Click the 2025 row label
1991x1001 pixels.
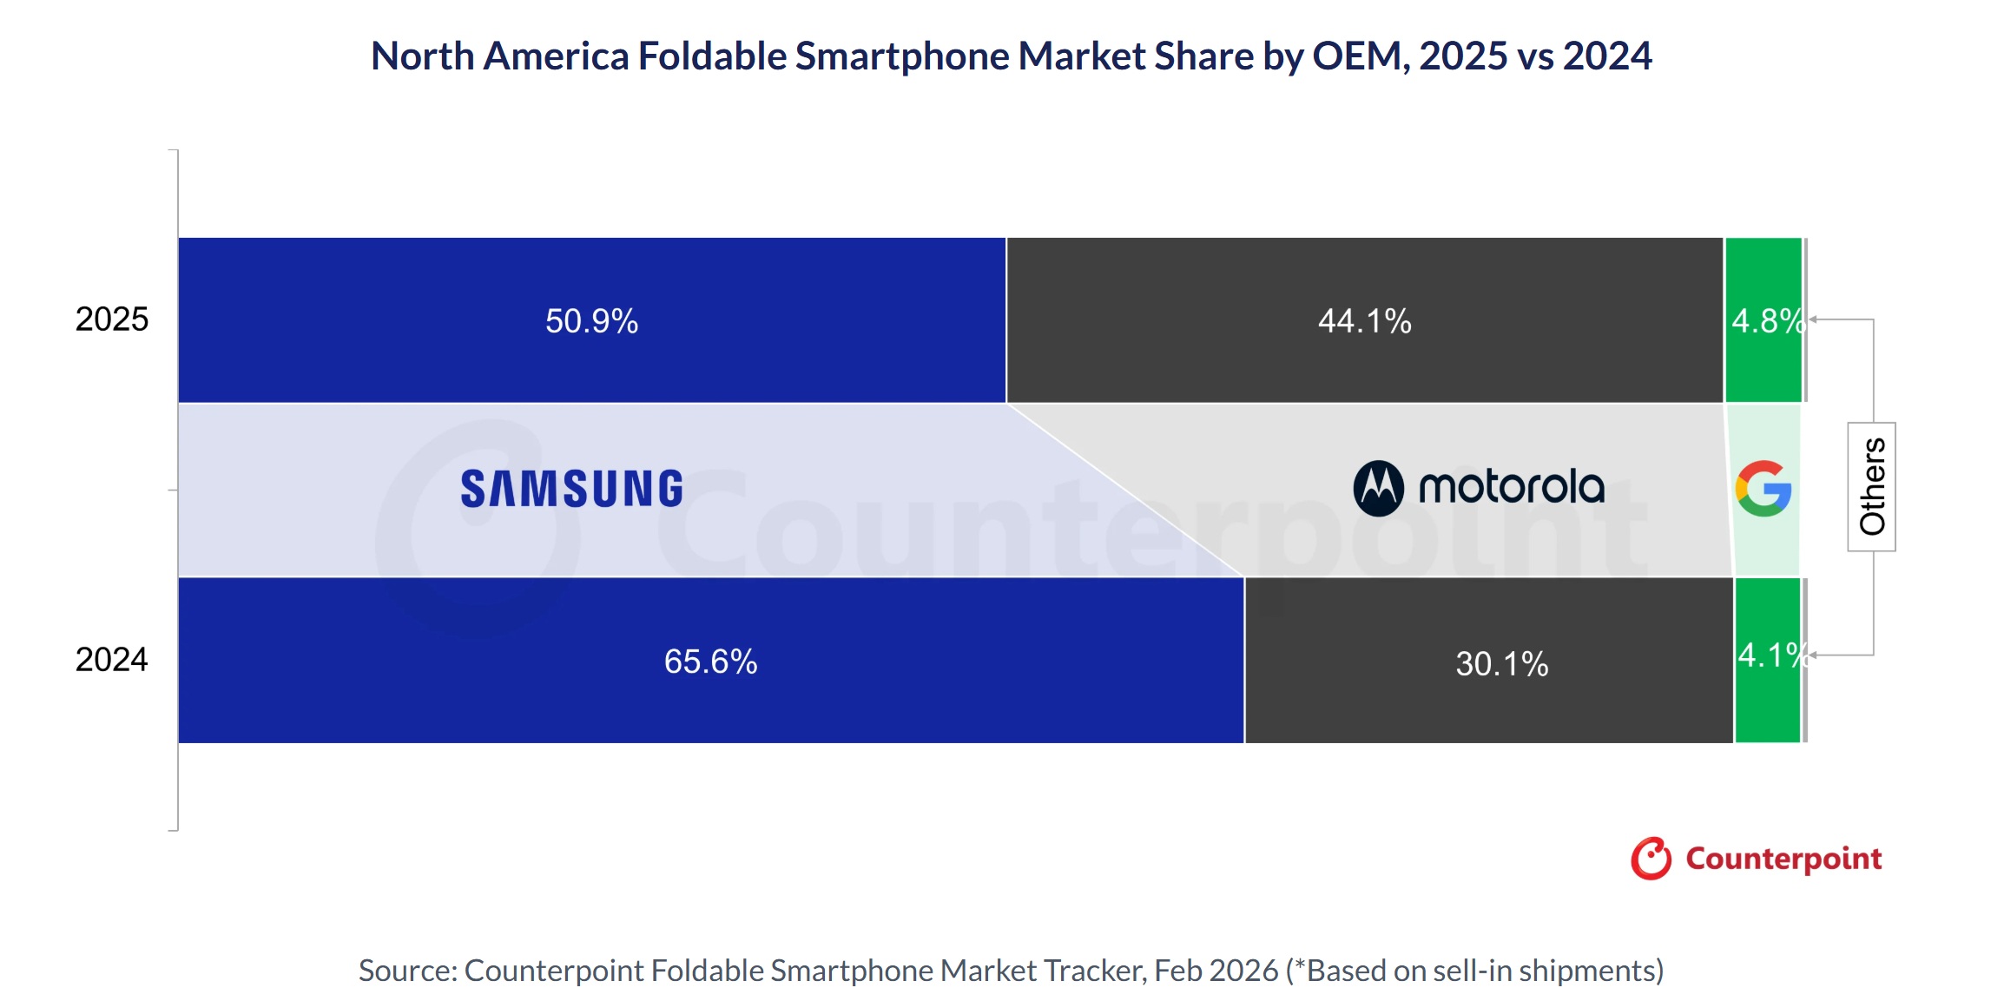(x=112, y=319)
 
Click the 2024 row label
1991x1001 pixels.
(x=112, y=660)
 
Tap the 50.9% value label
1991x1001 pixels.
(x=591, y=321)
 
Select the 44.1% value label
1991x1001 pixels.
(x=1364, y=321)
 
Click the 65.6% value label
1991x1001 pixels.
(x=710, y=662)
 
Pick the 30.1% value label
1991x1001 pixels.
(x=1501, y=664)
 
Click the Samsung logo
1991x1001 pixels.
(x=571, y=489)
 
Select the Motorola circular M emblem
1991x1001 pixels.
(x=1378, y=488)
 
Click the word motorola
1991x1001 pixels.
(x=1511, y=487)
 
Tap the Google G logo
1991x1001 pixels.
(x=1763, y=489)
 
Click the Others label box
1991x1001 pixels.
(x=1871, y=486)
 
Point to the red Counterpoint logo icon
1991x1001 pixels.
(x=1651, y=859)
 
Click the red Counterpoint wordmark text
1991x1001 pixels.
(x=1783, y=859)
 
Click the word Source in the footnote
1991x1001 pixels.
(x=406, y=971)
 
